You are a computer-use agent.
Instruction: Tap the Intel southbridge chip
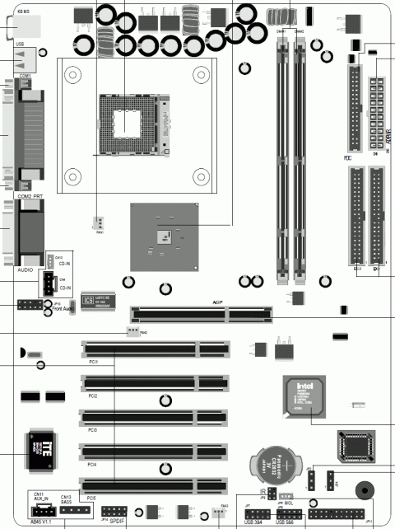pos(304,397)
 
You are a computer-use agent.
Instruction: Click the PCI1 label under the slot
pos(93,362)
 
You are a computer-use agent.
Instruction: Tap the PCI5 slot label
pos(91,499)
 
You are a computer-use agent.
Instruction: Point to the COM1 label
pos(24,76)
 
